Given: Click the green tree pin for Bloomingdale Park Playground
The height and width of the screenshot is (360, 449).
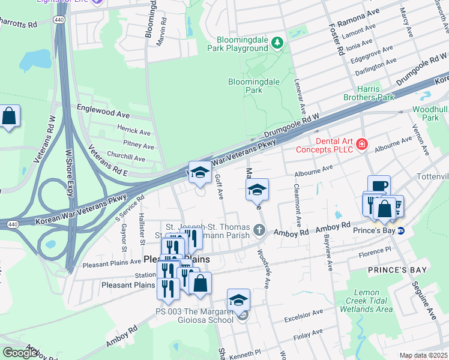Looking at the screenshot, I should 277,42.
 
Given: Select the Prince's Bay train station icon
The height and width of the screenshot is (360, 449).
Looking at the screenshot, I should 402,231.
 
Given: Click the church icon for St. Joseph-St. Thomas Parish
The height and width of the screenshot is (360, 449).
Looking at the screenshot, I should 259,229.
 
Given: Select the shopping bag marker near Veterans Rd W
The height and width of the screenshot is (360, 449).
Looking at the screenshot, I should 10,116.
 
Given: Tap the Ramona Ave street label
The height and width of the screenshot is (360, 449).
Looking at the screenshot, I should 358,19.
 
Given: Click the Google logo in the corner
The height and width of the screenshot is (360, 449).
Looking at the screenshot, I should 20,353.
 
